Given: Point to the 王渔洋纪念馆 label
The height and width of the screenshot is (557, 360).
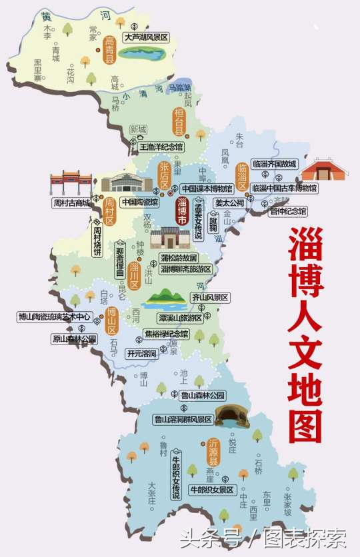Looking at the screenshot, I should (x=163, y=145).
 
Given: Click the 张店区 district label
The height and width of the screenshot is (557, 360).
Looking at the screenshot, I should (x=164, y=175).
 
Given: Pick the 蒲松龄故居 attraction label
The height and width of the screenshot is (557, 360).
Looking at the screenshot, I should (x=179, y=257).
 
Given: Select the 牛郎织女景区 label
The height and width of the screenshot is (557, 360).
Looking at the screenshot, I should (x=213, y=490).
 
